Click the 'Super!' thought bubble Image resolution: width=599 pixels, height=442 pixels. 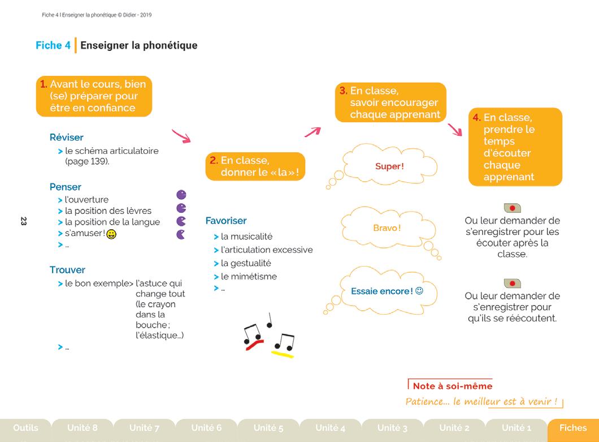[389, 166]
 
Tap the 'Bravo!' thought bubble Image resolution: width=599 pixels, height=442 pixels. [387, 228]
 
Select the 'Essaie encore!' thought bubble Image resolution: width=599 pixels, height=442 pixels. [387, 291]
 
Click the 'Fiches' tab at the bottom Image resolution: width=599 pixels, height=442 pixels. [572, 428]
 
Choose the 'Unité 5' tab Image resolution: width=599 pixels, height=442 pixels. [268, 428]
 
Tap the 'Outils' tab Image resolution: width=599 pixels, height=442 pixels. [25, 428]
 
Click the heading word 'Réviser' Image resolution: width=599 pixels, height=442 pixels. [66, 138]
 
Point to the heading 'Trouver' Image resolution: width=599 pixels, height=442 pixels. [67, 270]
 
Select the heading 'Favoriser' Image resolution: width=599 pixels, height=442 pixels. [226, 221]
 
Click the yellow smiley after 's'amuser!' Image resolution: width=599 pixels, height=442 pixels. [111, 234]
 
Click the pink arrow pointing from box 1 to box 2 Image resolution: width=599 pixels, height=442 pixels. [181, 136]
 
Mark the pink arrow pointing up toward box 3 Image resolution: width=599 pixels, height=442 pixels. [312, 132]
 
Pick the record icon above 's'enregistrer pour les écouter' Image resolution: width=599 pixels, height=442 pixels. [512, 208]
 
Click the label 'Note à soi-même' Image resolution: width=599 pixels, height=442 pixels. [452, 387]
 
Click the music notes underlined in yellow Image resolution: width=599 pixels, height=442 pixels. [284, 344]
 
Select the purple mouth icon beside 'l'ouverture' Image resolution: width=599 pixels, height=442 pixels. [181, 195]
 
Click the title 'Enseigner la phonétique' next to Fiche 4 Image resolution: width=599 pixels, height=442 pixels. [139, 45]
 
